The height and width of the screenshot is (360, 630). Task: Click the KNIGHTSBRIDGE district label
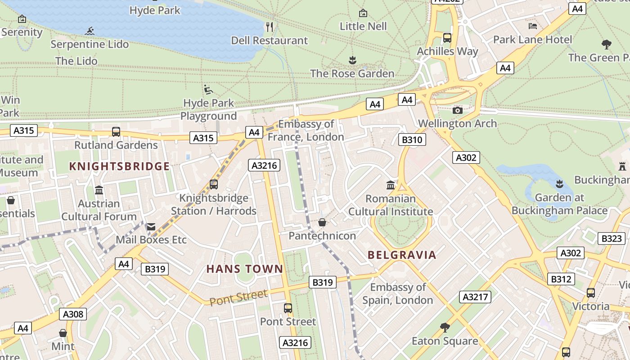click(119, 166)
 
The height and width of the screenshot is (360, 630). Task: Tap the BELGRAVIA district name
click(402, 255)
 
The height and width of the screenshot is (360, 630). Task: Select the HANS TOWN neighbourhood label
click(245, 269)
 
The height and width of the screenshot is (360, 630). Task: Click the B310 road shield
click(412, 139)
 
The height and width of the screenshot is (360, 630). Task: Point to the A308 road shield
click(73, 314)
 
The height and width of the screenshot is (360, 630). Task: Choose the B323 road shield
click(612, 238)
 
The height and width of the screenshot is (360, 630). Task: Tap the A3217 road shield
click(475, 297)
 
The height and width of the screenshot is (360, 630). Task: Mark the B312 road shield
click(561, 279)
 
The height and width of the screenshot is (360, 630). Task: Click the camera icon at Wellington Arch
click(457, 110)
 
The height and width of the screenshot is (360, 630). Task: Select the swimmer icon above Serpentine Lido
click(90, 31)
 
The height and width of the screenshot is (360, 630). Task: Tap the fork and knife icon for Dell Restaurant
click(270, 27)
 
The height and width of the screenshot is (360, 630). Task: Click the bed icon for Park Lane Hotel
click(533, 26)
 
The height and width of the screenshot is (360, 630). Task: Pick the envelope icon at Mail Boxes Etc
click(151, 227)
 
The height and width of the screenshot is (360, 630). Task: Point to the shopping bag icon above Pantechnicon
click(322, 222)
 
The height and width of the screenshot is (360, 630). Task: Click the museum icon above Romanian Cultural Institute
click(391, 185)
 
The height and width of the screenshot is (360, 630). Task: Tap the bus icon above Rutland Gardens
click(116, 132)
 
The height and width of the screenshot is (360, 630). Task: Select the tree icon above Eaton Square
click(445, 328)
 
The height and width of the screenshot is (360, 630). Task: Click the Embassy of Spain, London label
click(398, 294)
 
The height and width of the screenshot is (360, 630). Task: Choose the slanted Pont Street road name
click(238, 298)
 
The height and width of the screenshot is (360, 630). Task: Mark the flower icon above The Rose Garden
click(352, 60)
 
